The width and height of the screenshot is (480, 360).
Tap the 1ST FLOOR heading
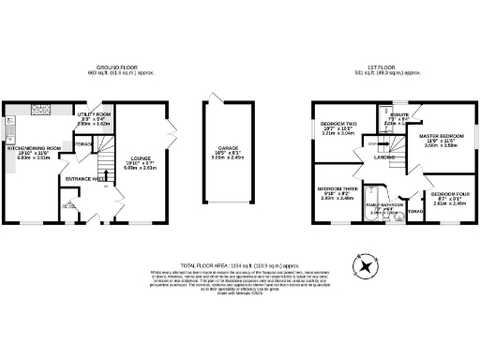(390, 69)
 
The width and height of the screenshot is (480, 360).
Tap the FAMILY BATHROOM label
(384, 205)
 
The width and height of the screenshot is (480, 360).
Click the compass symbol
(366, 265)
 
